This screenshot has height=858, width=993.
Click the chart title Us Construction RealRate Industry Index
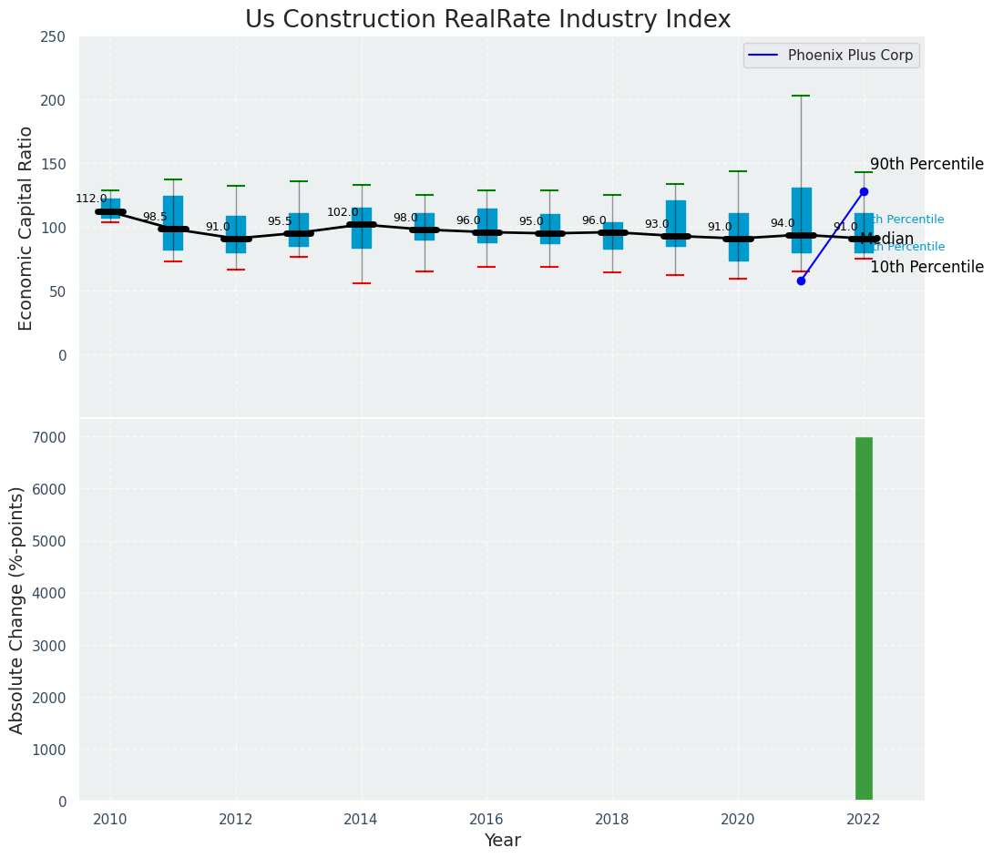[x=487, y=20]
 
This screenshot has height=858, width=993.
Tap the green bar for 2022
[x=864, y=618]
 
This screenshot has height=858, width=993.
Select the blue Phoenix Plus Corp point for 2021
[x=801, y=281]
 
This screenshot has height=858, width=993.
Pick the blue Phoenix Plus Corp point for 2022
[x=864, y=191]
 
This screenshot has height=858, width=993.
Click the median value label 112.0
[x=91, y=199]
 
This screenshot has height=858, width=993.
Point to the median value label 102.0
[x=343, y=212]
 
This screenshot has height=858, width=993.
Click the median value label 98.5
[x=155, y=217]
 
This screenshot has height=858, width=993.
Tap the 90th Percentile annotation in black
[x=926, y=165]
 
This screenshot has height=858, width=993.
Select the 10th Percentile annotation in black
[x=926, y=268]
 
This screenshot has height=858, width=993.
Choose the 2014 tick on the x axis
[x=362, y=818]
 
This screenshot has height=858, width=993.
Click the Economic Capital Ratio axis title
[x=26, y=228]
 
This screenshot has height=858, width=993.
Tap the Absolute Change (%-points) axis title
[x=17, y=609]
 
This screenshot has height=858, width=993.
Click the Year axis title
[x=502, y=840]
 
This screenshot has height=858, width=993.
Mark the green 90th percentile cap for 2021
[x=801, y=96]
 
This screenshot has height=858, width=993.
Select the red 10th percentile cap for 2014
[x=362, y=283]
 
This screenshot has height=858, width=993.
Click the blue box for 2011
[x=173, y=222]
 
